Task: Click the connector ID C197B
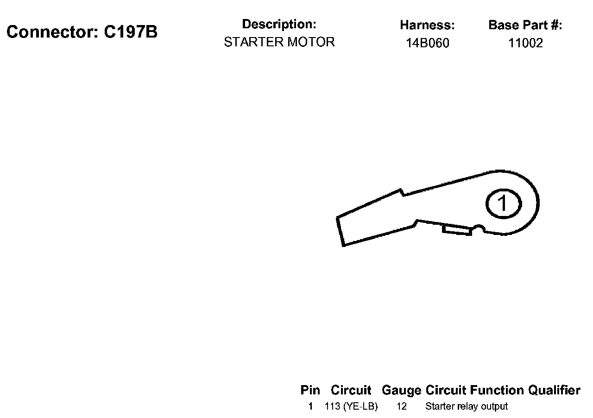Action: [131, 32]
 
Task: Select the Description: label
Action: [279, 24]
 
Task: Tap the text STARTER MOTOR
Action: [279, 42]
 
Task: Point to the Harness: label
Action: [427, 25]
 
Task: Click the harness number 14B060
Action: [427, 44]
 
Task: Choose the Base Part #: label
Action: [525, 25]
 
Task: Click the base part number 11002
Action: [525, 44]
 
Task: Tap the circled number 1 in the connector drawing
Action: [503, 203]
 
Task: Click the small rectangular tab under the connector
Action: [457, 229]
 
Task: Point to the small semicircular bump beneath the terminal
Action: [479, 228]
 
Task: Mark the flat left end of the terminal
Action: [340, 231]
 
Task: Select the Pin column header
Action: [310, 390]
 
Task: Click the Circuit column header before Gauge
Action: [351, 390]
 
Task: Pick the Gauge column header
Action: [401, 390]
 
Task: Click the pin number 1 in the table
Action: [310, 407]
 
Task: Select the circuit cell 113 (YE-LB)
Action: [351, 407]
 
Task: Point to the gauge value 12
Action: [401, 407]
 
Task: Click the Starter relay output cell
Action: [466, 407]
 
